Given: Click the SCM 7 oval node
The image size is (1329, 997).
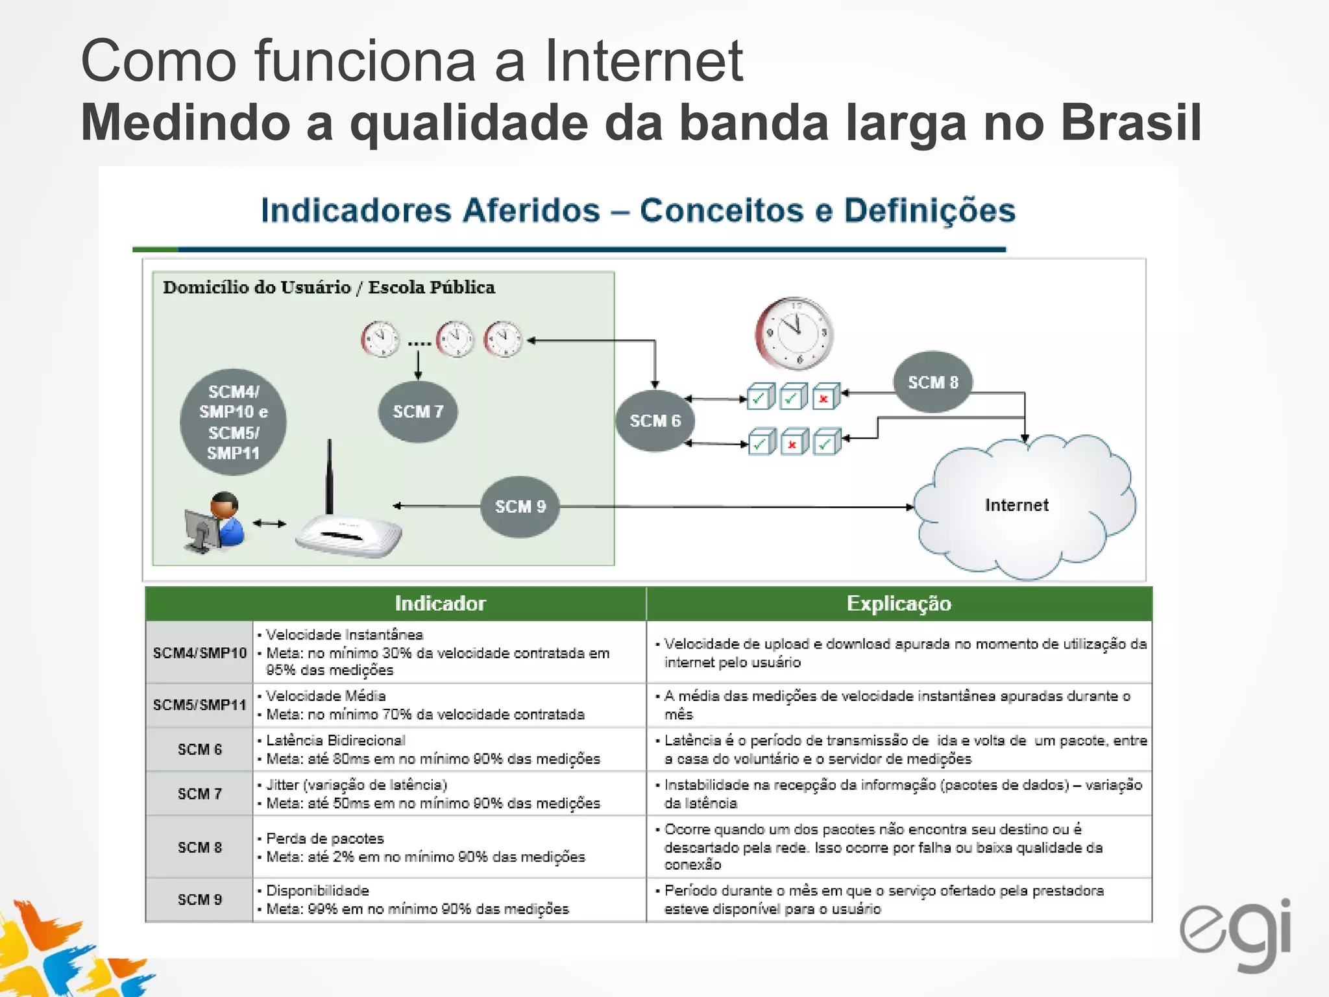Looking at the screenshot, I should (x=418, y=412).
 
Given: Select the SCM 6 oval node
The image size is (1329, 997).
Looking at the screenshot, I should (x=655, y=421).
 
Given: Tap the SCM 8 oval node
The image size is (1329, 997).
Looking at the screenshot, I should (x=933, y=382).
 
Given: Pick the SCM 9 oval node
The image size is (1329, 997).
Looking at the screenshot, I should (x=520, y=506).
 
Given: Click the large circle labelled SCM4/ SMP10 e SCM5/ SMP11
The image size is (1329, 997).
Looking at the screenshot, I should (x=233, y=423).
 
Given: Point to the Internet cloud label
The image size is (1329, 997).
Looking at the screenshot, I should (x=1016, y=505).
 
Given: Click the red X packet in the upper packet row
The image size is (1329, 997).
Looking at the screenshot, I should (x=824, y=398).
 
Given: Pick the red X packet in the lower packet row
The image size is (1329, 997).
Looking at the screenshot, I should (x=792, y=444).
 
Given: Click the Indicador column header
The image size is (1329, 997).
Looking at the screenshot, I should (x=440, y=604).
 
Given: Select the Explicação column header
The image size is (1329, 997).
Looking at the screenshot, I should (x=899, y=604).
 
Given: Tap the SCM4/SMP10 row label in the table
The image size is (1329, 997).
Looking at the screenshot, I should (x=199, y=652).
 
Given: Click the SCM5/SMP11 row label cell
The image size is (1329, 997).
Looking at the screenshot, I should (x=199, y=704).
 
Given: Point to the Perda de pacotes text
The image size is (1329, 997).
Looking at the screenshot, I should (x=324, y=838).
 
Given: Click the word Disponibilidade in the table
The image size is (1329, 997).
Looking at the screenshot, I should (x=317, y=891).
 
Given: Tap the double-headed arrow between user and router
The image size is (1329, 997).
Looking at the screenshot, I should (x=269, y=523).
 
